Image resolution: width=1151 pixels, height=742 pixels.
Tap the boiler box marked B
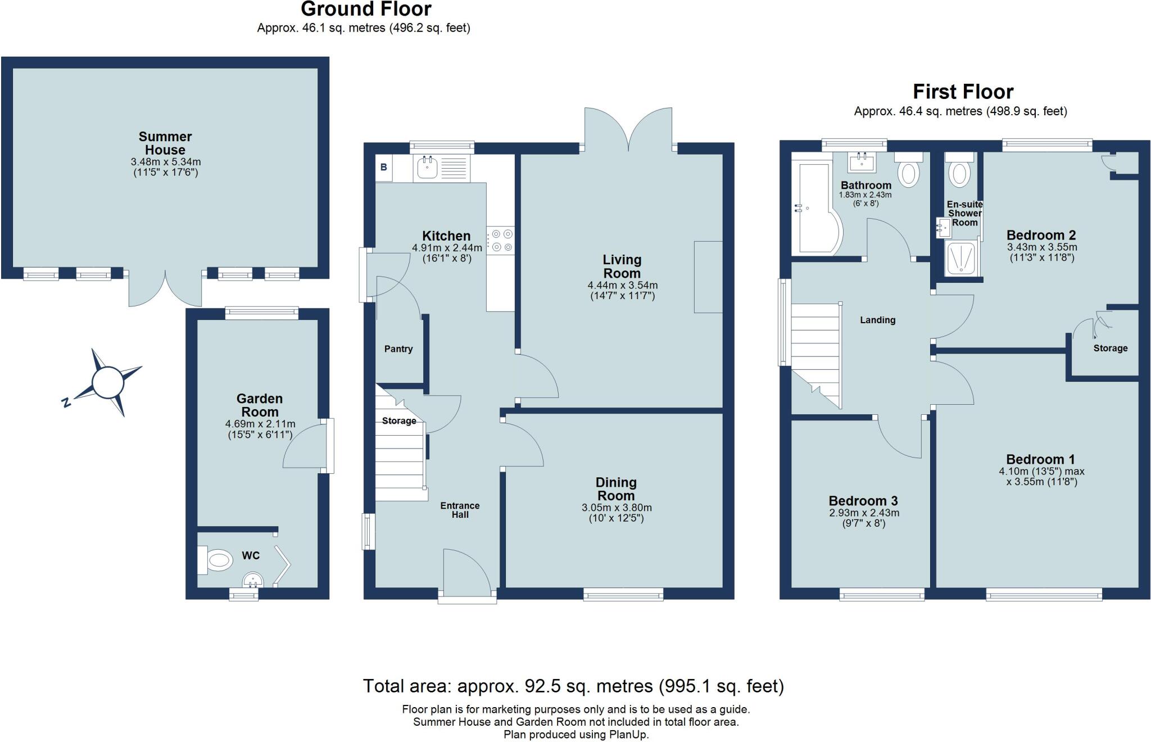384,168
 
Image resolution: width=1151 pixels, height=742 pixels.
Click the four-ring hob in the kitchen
501,240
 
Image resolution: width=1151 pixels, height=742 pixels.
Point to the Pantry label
398,349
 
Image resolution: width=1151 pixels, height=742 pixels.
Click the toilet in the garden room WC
217,560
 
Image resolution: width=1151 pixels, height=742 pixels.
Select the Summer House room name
165,143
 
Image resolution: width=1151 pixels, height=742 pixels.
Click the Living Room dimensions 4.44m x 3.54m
622,286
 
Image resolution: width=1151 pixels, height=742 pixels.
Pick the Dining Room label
616,489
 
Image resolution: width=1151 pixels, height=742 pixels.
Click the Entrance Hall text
460,510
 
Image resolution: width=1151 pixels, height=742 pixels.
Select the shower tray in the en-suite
962,259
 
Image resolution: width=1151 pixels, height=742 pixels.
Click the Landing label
877,320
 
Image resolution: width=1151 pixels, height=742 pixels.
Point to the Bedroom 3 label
863,501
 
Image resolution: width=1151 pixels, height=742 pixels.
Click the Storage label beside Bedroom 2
1110,349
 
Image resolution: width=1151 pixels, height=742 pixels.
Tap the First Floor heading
963,92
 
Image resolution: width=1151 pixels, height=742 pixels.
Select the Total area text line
573,686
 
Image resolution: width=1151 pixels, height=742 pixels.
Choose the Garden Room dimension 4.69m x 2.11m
260,424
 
